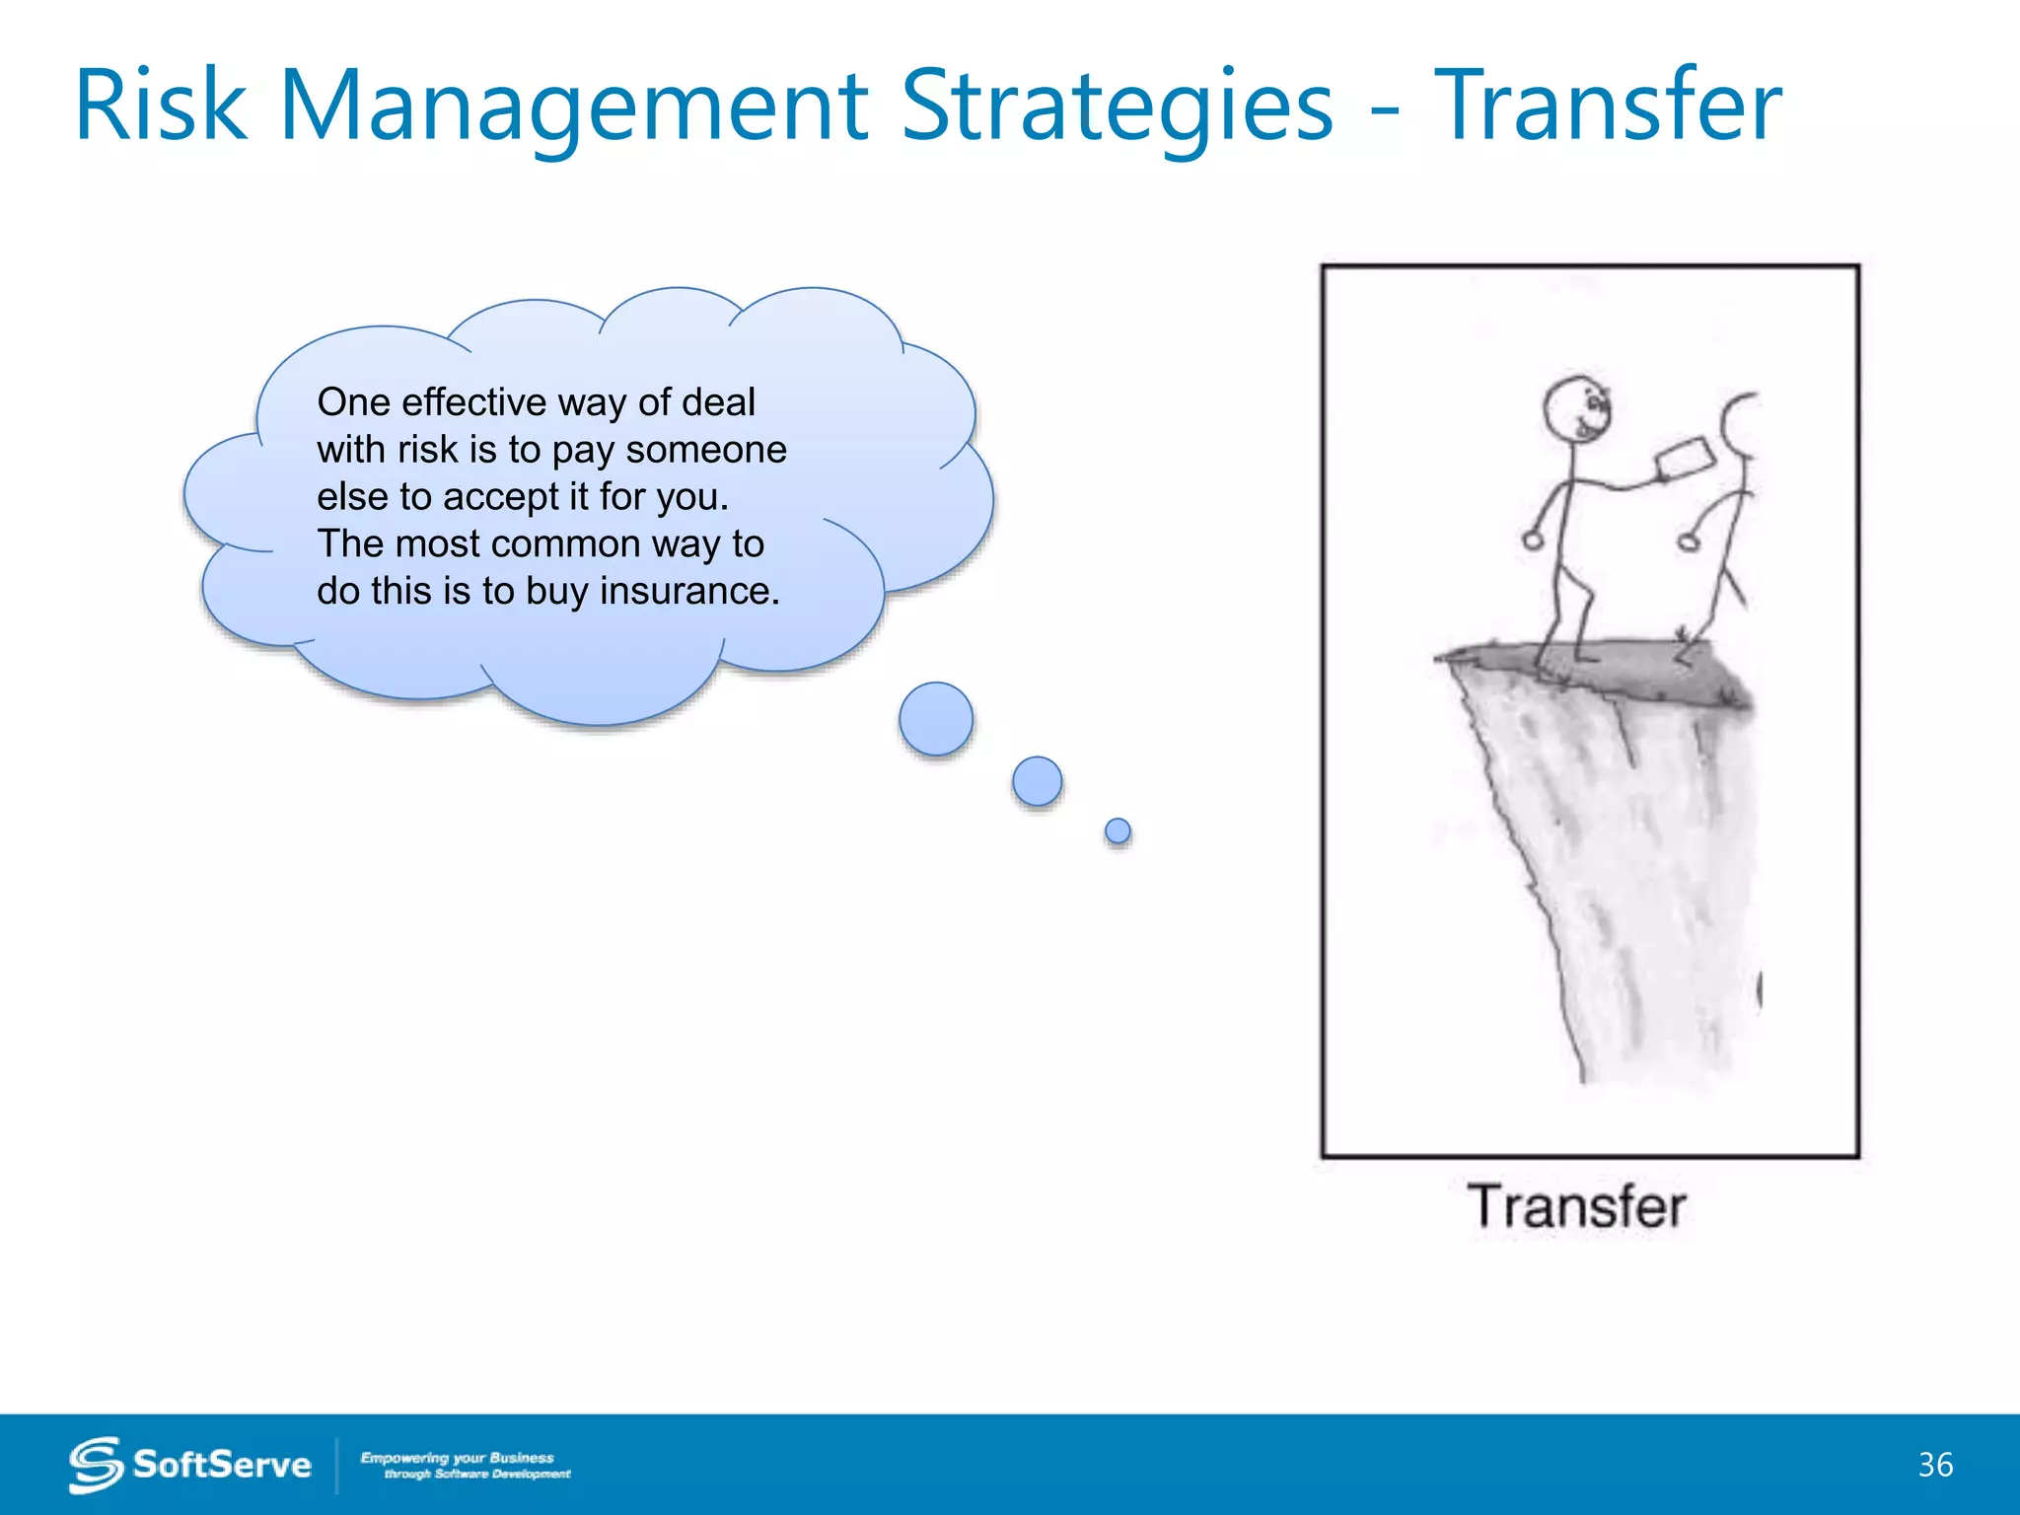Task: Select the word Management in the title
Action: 574,107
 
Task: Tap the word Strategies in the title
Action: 1117,107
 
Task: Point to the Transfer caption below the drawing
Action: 1576,1206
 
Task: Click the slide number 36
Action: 1935,1465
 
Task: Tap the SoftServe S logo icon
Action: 95,1465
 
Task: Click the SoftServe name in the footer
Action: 222,1465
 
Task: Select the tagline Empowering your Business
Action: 457,1458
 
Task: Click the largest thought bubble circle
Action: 936,719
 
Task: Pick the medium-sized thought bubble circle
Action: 1037,781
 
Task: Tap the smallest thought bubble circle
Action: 1118,830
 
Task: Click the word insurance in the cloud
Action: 689,591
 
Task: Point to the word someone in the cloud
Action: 706,450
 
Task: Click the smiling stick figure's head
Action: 1577,408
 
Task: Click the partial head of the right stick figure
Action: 1741,424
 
